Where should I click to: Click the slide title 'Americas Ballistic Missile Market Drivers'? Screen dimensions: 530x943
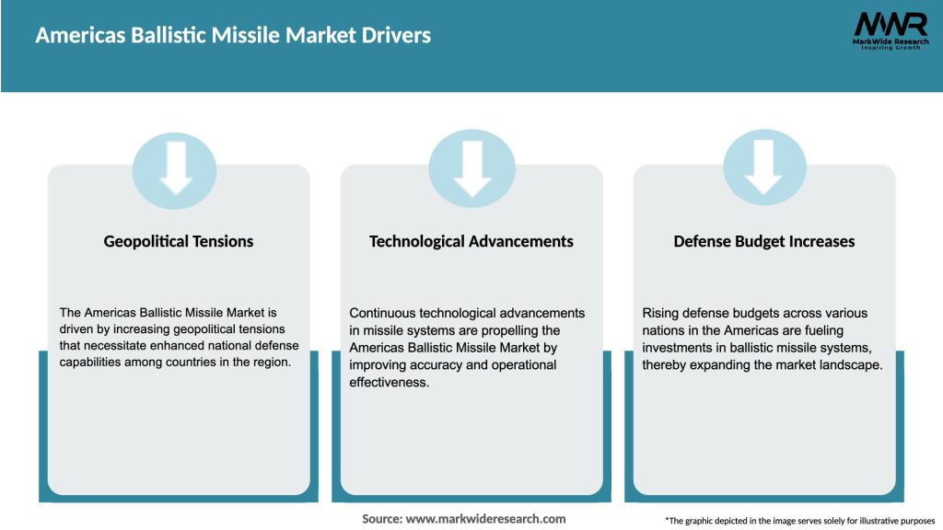(233, 36)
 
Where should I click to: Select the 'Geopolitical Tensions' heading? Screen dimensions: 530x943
(178, 241)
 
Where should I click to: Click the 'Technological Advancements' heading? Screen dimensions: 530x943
(471, 241)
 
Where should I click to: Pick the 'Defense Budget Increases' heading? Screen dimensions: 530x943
(763, 241)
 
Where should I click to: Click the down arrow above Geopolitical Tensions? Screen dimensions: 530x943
(177, 167)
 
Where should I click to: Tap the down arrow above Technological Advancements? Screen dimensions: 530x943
(471, 167)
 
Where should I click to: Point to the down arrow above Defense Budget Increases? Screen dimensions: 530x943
(764, 167)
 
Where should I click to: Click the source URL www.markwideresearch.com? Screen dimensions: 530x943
(485, 519)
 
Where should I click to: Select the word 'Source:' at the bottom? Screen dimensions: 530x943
(381, 519)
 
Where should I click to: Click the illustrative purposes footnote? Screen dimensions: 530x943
(799, 521)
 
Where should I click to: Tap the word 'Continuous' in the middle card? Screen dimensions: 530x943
(382, 313)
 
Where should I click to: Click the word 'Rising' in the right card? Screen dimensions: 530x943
(660, 313)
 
